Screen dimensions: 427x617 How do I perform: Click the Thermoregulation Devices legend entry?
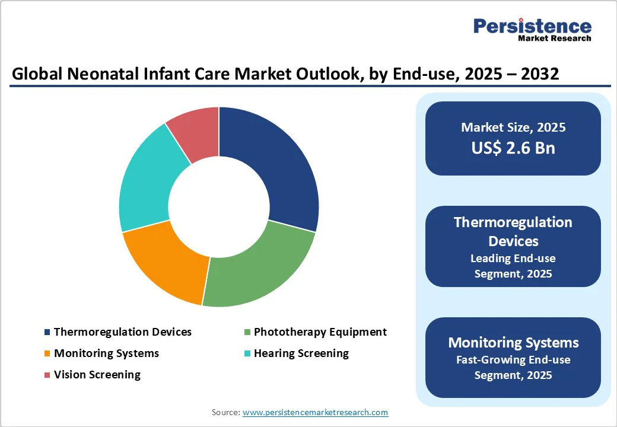coord(122,332)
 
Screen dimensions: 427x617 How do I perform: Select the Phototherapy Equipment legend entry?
coord(320,332)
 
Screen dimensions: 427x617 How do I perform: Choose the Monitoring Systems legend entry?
coord(106,353)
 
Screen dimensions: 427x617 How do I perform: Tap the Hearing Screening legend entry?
coord(301,353)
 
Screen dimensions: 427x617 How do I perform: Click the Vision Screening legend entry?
coord(97,375)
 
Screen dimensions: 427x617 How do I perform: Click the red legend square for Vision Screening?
coord(47,375)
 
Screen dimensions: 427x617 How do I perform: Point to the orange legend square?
coord(47,353)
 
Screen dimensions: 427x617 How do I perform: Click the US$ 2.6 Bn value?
coord(513,148)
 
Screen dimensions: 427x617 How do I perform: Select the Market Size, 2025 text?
coord(513,128)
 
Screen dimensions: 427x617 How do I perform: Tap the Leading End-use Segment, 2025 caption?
coord(513,266)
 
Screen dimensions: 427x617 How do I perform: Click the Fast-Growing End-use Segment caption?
coord(513,367)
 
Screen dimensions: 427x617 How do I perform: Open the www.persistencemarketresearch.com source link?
coord(315,412)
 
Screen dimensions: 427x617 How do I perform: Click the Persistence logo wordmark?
coord(532,26)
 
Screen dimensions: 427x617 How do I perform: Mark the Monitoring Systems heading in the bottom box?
coord(513,343)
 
